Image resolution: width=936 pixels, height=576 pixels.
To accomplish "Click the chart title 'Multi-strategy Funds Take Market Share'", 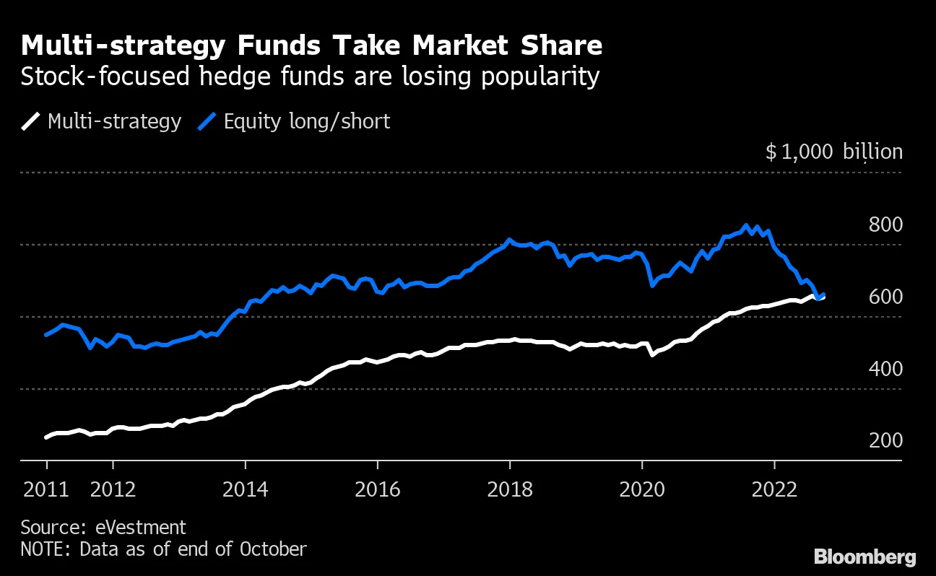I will point(311,46).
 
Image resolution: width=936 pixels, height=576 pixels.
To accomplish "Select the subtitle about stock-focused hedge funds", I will point(310,77).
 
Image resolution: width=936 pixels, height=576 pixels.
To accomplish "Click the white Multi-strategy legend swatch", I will point(31,121).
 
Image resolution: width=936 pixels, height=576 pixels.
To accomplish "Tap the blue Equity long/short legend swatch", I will point(207,121).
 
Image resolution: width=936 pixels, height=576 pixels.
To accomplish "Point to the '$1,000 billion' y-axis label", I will point(833,152).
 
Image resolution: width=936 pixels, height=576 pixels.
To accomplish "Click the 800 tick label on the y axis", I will point(885,225).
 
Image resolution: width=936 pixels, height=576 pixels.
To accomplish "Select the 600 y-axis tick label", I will point(885,297).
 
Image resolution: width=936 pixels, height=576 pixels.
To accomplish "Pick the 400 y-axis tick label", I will point(885,370).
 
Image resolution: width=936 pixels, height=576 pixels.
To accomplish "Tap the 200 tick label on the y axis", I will point(885,441).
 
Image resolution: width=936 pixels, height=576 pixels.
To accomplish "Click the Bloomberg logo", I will point(864,557).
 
